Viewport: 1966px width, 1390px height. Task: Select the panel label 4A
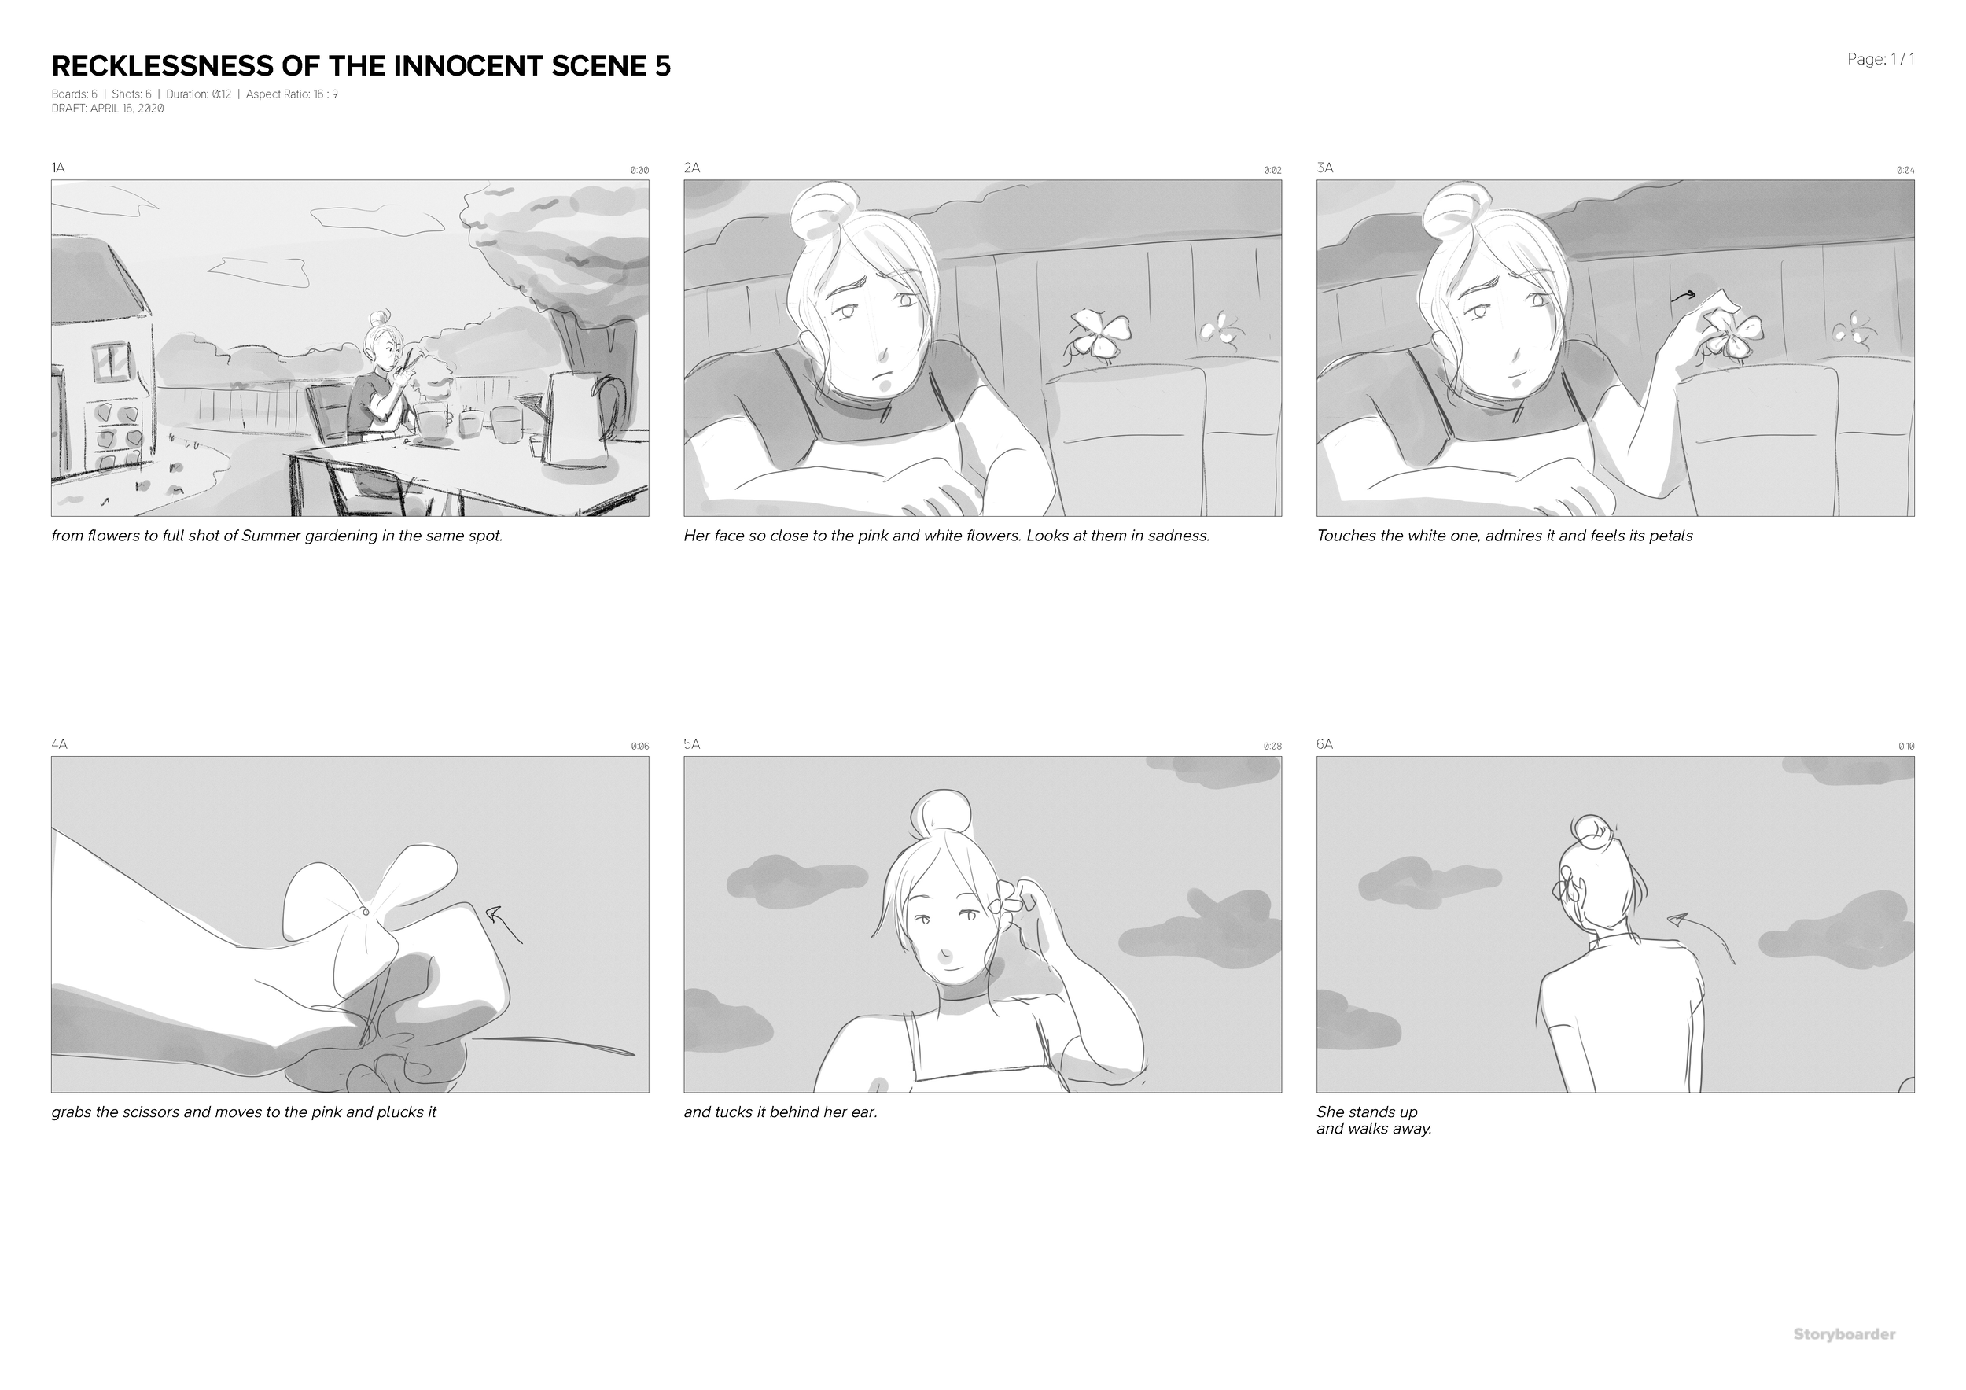(x=59, y=744)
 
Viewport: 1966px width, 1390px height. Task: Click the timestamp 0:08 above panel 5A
(x=1272, y=747)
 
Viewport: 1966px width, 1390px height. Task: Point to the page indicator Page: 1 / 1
(x=1880, y=59)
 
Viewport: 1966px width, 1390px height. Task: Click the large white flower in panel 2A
(x=1099, y=335)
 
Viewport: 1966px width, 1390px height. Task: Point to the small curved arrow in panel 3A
(x=1684, y=297)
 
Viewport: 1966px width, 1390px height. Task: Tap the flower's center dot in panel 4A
(x=366, y=912)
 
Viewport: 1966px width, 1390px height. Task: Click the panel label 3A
(x=1324, y=168)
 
